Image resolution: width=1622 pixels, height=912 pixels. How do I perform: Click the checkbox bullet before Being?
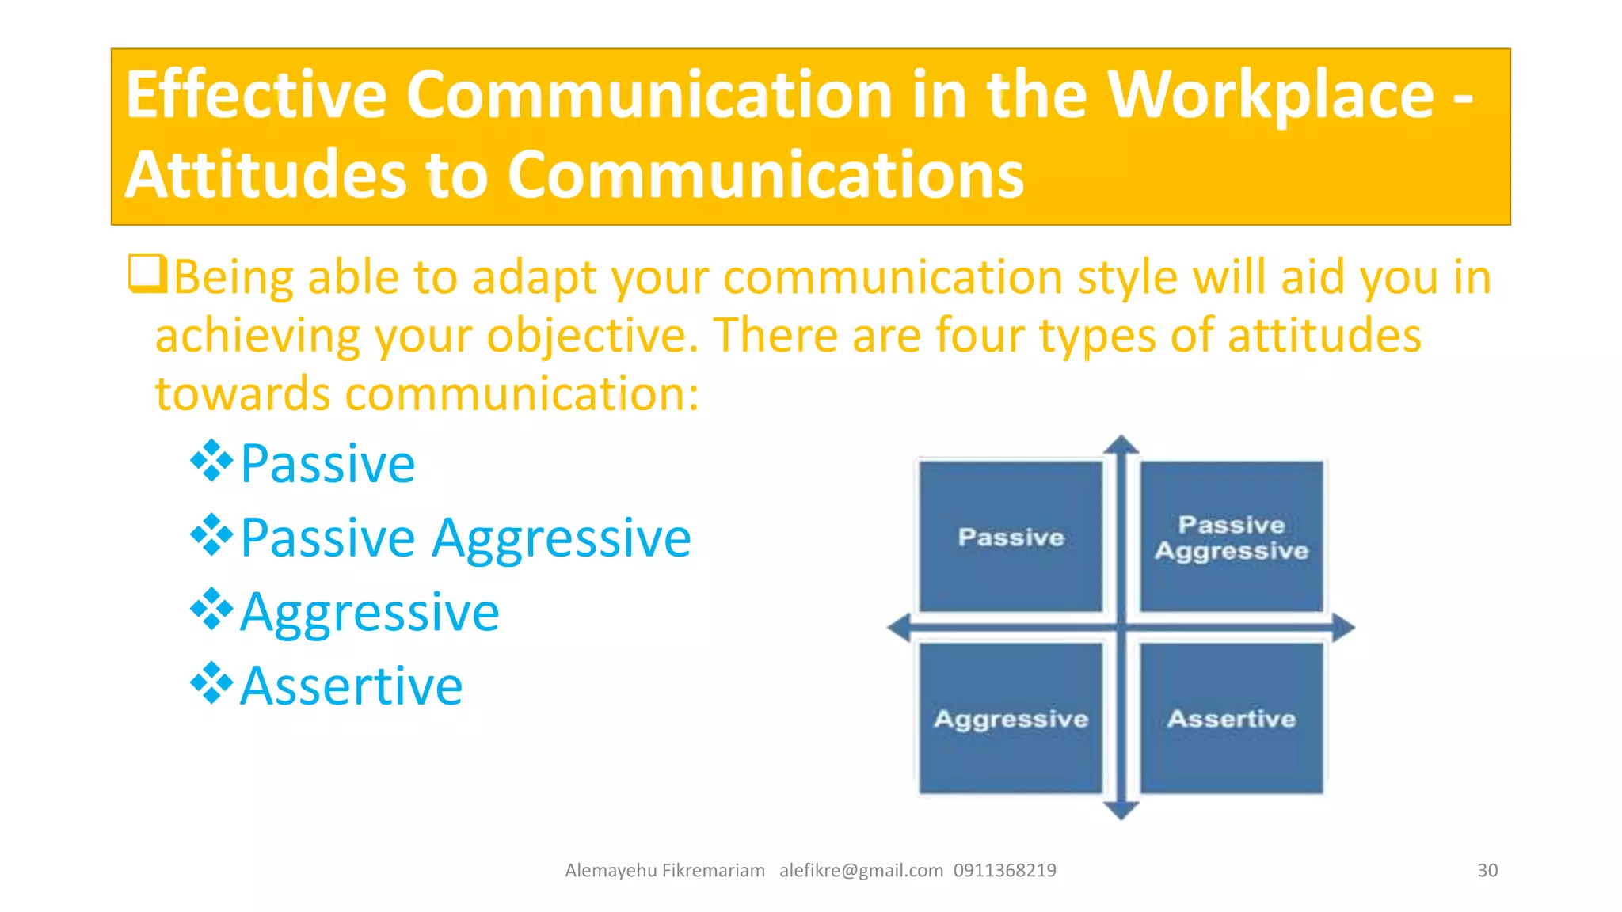click(x=147, y=274)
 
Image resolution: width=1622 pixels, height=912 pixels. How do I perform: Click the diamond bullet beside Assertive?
click(x=211, y=683)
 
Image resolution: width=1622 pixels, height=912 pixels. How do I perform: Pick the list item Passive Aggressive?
click(x=465, y=538)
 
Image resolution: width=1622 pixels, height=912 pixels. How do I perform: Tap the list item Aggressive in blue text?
click(x=369, y=613)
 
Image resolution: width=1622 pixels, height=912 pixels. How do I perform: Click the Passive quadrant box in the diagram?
click(x=1011, y=537)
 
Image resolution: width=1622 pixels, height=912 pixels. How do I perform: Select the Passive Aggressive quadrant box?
click(x=1232, y=537)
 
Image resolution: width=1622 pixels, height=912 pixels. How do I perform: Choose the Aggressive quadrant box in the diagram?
click(x=1011, y=718)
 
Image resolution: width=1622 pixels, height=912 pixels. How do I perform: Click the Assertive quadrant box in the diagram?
click(x=1232, y=718)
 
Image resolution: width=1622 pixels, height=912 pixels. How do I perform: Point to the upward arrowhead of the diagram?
click(x=1121, y=445)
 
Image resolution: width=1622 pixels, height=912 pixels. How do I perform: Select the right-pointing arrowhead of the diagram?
click(x=1343, y=628)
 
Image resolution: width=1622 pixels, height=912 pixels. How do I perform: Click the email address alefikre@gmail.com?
click(x=861, y=871)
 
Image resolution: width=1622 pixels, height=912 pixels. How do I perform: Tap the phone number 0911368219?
click(x=1004, y=871)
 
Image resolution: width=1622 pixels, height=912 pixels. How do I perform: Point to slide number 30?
click(x=1487, y=871)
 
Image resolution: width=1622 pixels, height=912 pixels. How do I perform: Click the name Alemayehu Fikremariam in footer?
click(x=664, y=871)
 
